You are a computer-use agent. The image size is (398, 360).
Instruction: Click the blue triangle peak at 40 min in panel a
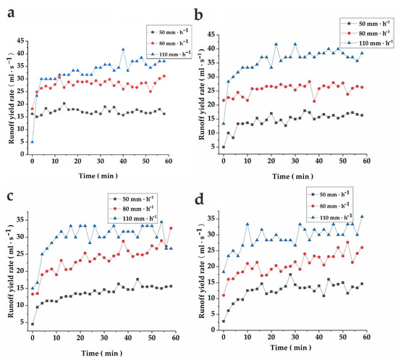[x=123, y=49]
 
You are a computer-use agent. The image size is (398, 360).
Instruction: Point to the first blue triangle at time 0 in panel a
[x=33, y=142]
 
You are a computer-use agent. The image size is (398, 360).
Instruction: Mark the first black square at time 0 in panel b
[x=224, y=147]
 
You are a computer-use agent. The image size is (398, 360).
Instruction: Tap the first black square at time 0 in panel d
[x=224, y=321]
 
